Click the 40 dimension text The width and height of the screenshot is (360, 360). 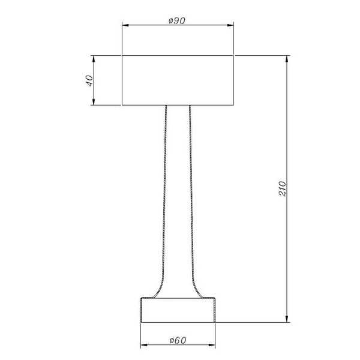(88, 80)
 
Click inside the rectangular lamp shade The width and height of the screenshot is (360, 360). (178, 80)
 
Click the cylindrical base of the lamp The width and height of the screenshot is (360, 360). (178, 310)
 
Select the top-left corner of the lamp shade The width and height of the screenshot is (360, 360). (122, 56)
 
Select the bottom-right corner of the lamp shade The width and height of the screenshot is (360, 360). (233, 106)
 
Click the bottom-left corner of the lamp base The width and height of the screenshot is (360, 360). (140, 322)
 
